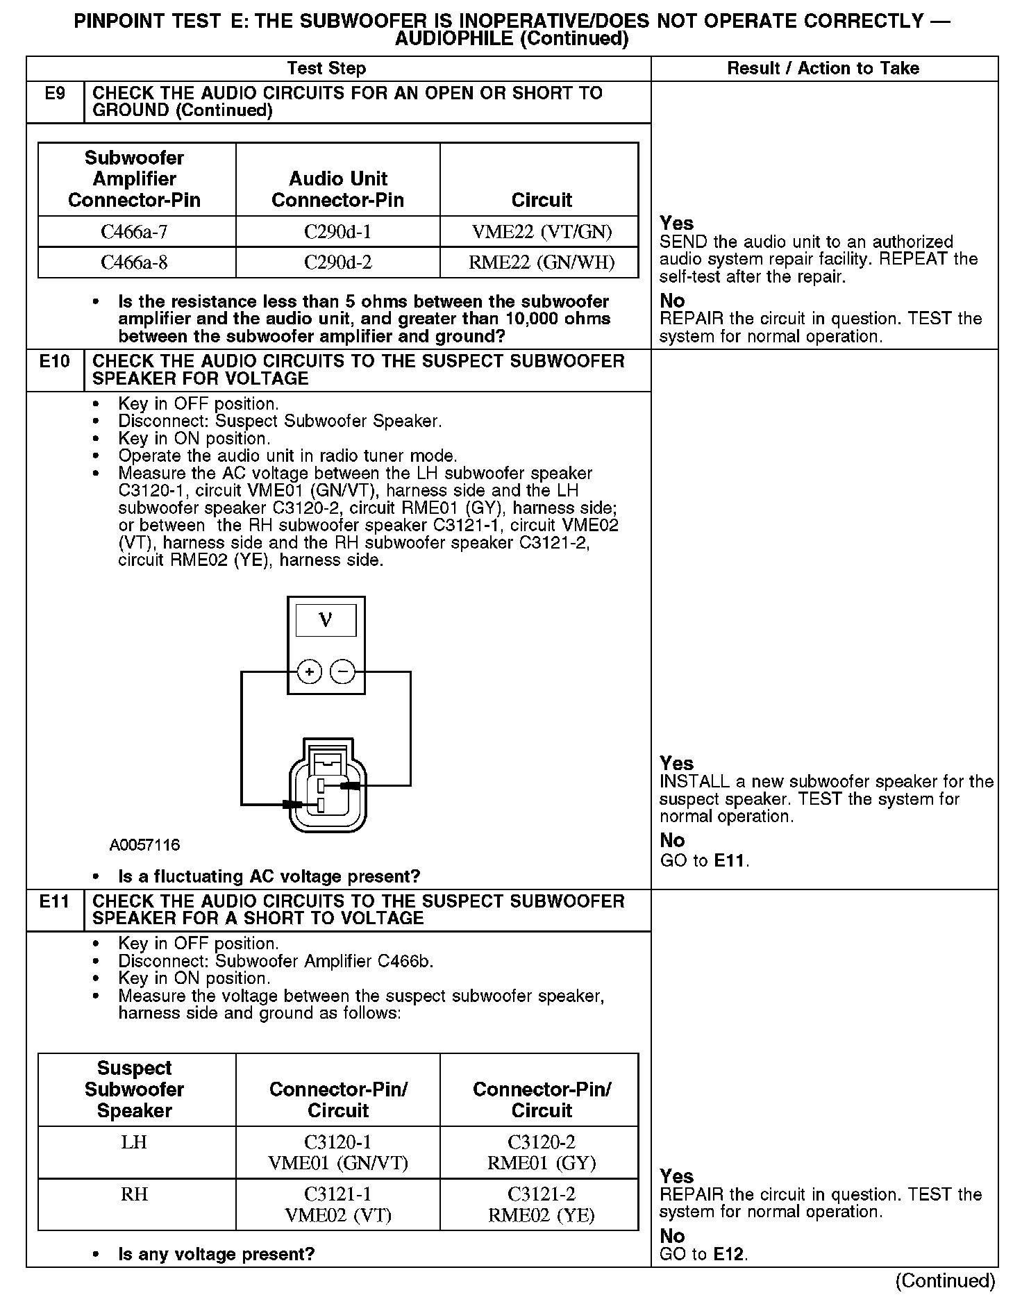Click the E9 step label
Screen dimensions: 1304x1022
click(x=55, y=94)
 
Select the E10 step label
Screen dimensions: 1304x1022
click(x=55, y=362)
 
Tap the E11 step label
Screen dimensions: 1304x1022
click(x=55, y=901)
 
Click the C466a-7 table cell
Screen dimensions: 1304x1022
click(x=135, y=231)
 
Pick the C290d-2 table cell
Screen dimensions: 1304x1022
click(x=337, y=262)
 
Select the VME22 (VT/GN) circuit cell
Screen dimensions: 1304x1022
click(x=542, y=231)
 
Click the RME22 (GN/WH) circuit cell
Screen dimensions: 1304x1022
click(x=542, y=262)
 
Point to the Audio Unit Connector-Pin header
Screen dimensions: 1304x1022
click(x=337, y=189)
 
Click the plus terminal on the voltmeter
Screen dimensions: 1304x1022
click(x=310, y=672)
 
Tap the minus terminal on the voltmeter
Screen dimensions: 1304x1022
click(x=342, y=672)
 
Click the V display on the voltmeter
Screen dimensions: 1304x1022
click(x=326, y=620)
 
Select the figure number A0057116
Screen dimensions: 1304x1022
click(x=144, y=845)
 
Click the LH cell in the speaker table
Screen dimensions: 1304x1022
click(x=135, y=1142)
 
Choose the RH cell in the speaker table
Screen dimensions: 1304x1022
click(x=135, y=1194)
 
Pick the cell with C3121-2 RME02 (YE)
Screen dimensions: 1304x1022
click(x=542, y=1204)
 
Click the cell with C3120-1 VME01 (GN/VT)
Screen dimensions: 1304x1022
click(x=337, y=1152)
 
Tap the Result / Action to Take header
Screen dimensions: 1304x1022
click(x=823, y=68)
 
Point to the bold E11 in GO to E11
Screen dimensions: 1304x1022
click(x=729, y=861)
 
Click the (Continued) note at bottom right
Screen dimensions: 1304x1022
click(x=946, y=1280)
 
